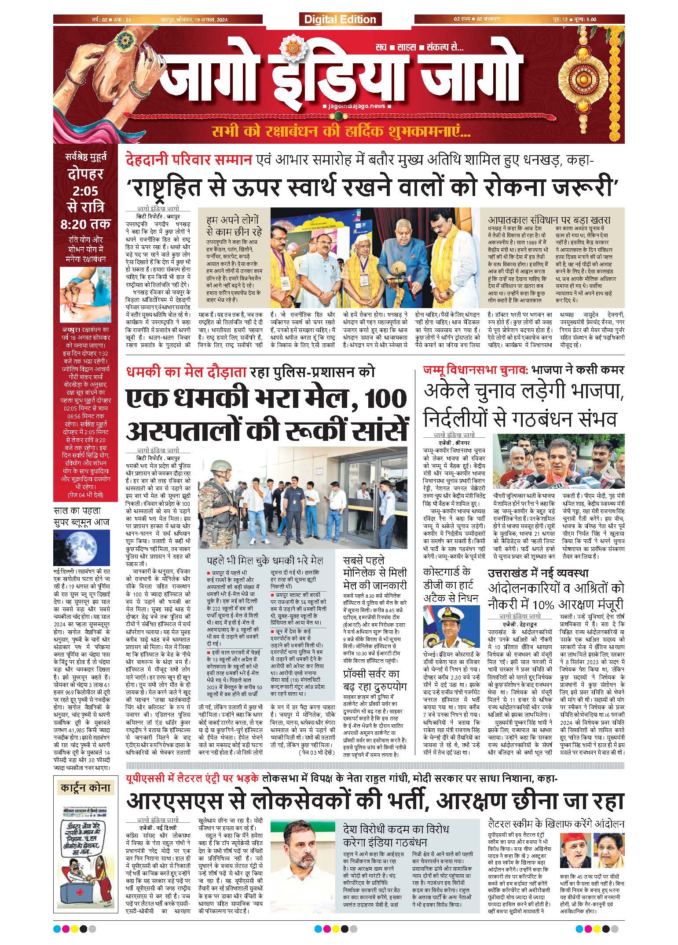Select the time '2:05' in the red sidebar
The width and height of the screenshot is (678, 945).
click(x=83, y=191)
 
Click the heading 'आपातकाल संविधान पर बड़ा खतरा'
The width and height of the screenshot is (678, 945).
click(x=549, y=221)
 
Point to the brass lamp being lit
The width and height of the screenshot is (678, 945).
click(x=398, y=279)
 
